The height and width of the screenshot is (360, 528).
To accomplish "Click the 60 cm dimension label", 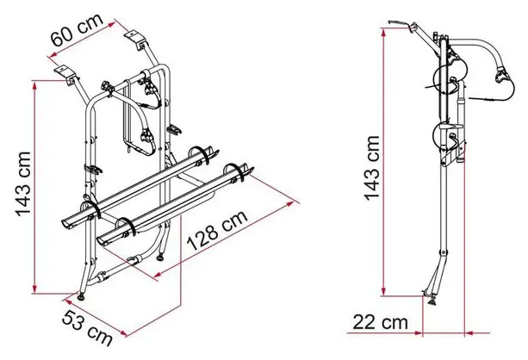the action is (x=77, y=29).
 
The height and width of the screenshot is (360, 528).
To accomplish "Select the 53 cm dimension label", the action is (x=87, y=328).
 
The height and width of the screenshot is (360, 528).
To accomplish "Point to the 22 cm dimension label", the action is (x=380, y=322).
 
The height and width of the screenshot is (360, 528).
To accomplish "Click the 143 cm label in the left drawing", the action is (x=23, y=184).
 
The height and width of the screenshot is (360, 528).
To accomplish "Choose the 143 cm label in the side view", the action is (x=373, y=168).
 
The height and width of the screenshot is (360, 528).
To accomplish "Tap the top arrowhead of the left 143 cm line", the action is (x=34, y=85).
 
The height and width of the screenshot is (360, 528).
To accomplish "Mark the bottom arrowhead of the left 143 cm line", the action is (x=34, y=289).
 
